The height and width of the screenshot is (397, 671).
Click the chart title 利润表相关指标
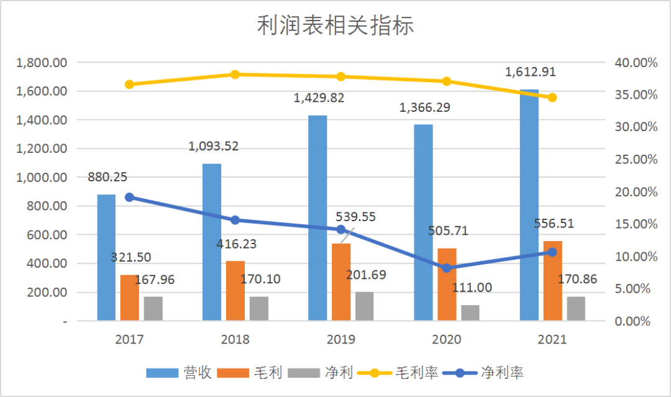tap(335, 26)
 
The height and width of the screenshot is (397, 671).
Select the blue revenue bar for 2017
tap(106, 258)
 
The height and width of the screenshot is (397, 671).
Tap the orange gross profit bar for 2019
tap(341, 282)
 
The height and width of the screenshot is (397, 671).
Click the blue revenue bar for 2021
tap(529, 205)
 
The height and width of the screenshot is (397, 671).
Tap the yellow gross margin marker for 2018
tap(235, 75)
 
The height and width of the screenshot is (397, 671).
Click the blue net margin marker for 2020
tap(447, 268)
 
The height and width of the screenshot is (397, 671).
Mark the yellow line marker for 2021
tap(552, 98)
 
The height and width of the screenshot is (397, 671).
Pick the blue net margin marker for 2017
tap(129, 197)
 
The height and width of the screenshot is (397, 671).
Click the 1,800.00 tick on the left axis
tap(42, 63)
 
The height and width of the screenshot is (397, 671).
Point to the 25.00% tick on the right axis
tap(636, 160)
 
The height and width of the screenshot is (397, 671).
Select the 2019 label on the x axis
tap(340, 340)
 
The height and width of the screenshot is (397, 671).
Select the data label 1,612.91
tap(530, 71)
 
